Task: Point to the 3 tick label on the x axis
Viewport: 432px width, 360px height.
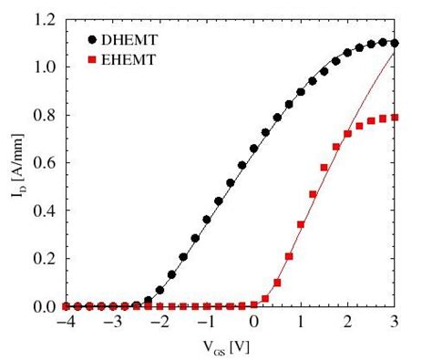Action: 395,322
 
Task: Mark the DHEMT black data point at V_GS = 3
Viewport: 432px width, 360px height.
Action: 395,43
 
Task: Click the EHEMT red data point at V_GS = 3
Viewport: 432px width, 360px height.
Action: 395,118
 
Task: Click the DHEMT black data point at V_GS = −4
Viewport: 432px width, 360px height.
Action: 65,306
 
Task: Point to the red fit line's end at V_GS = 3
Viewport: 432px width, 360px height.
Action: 395,53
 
